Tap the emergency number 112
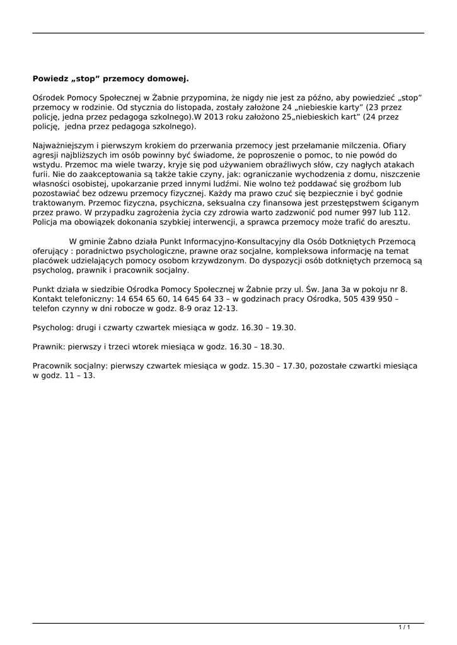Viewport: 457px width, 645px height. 399,213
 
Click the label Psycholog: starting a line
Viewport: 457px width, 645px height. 53,328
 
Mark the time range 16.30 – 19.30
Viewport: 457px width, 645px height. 264,328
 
